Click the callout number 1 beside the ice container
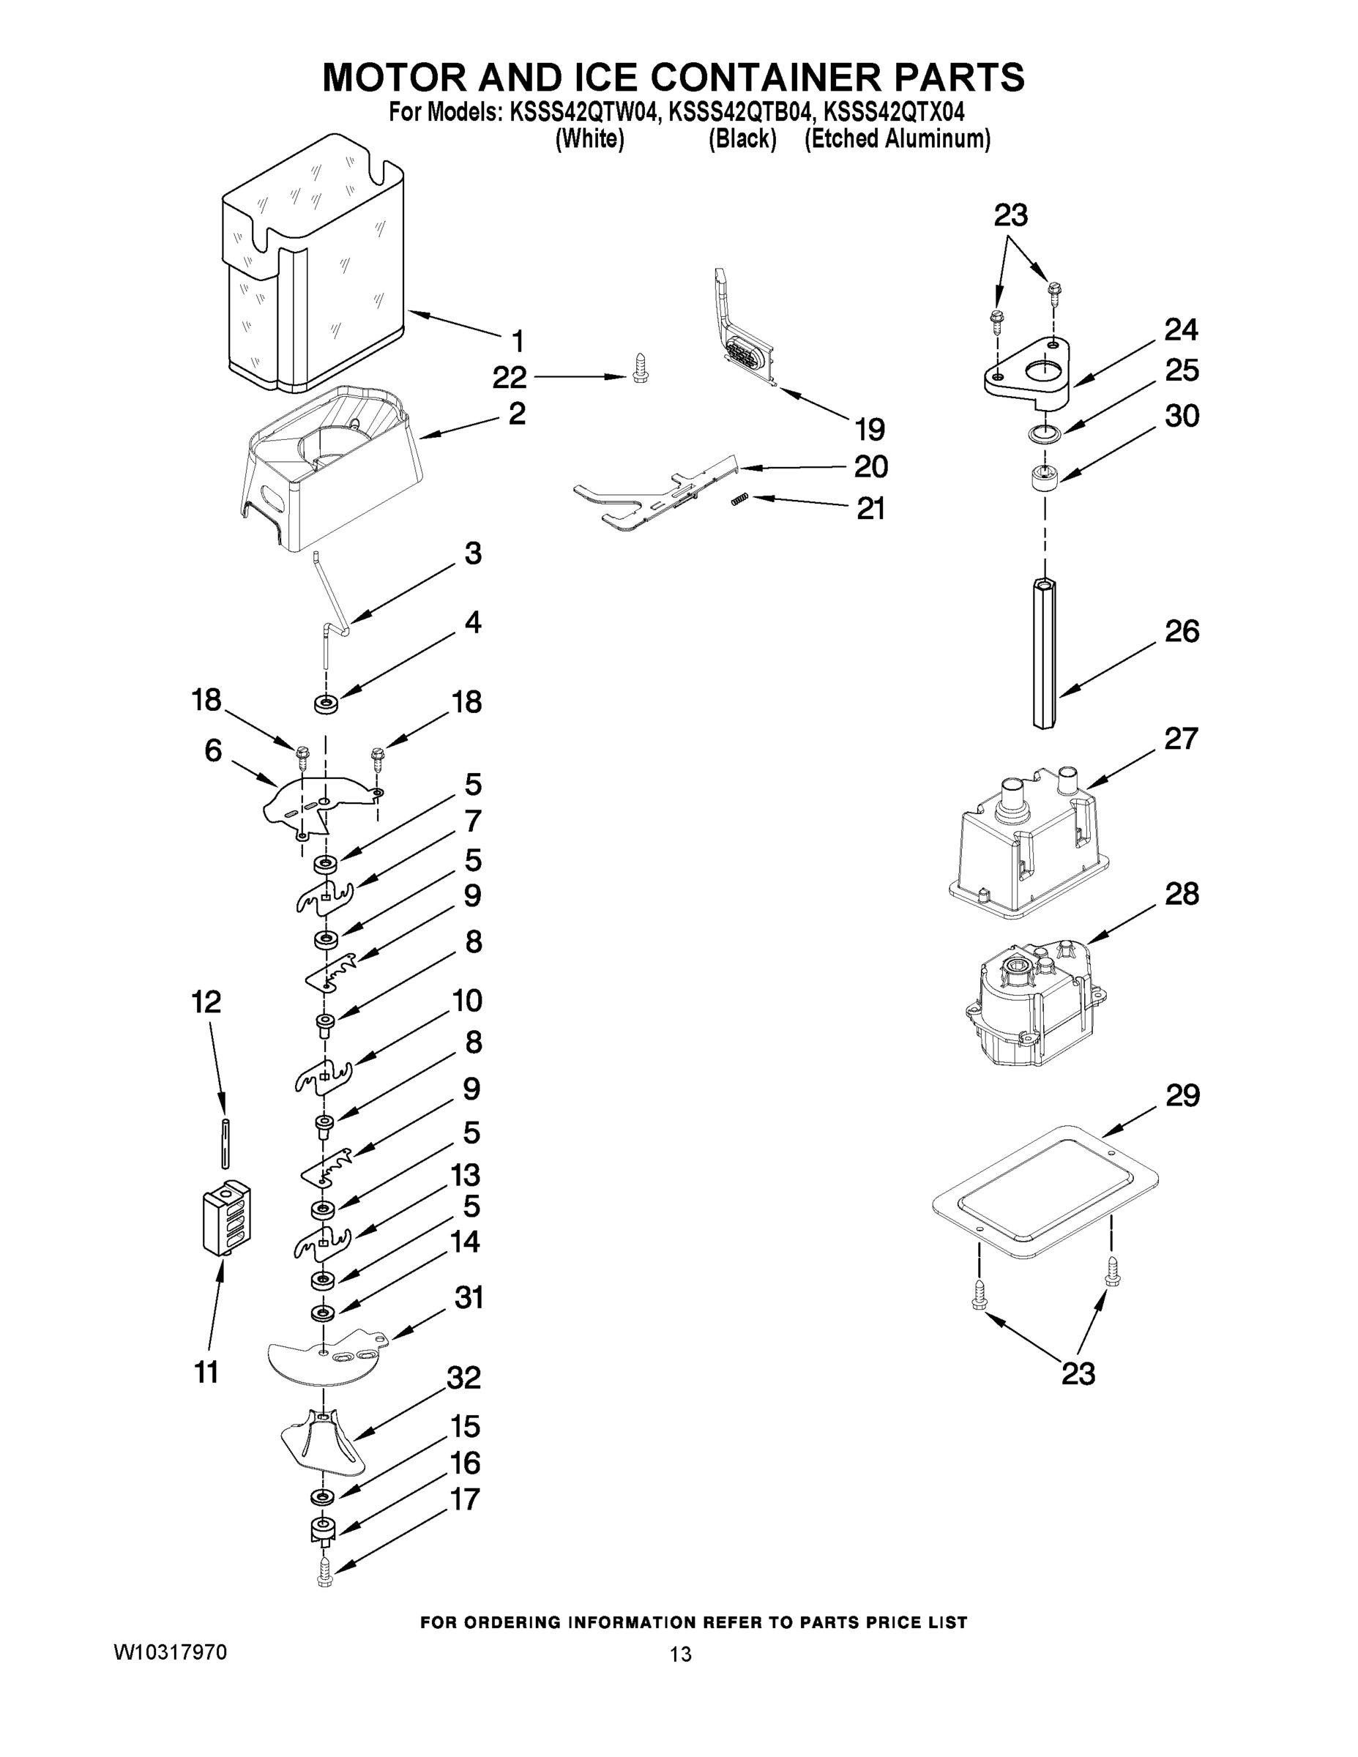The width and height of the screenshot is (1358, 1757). [518, 341]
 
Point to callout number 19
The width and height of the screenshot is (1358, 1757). [870, 430]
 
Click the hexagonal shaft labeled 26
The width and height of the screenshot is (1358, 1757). [1044, 653]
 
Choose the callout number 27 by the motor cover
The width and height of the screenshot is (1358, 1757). [1181, 739]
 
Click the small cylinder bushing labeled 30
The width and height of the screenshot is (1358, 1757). [1044, 480]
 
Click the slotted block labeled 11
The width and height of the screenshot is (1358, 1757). [225, 1220]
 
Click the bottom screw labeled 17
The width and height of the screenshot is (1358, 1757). [324, 1571]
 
